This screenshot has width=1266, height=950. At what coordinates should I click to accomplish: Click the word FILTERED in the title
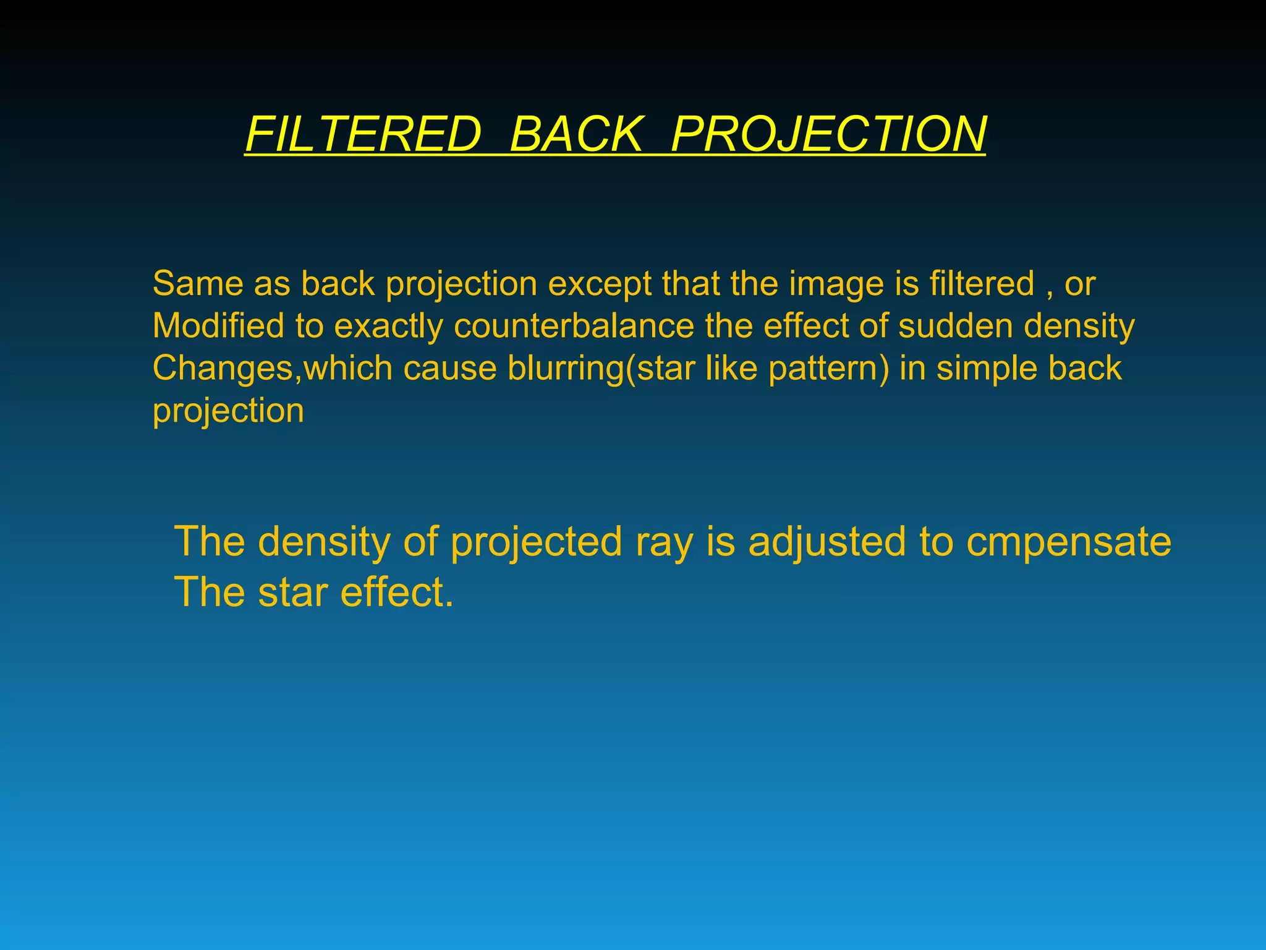coord(363,134)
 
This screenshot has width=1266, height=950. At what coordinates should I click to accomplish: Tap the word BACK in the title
coord(576,134)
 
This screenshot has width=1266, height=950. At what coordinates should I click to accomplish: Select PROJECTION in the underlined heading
coord(828,134)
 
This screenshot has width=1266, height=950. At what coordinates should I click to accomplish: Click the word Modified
coord(218,326)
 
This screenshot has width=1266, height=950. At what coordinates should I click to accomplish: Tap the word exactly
coord(389,326)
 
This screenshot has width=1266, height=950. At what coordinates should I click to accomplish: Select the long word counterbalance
coord(574,326)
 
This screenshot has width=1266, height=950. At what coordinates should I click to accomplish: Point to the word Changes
coord(222,369)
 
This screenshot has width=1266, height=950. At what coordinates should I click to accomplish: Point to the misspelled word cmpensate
coord(1069,542)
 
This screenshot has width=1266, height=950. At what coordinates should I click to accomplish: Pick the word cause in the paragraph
coord(450,369)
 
